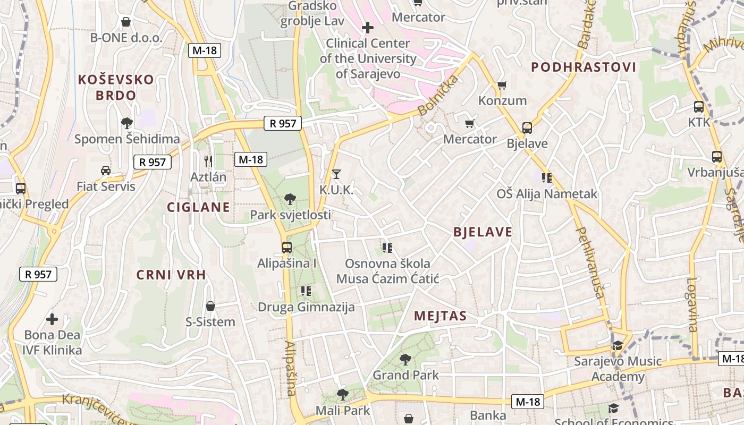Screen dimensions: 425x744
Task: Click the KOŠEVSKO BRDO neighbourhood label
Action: [116, 88]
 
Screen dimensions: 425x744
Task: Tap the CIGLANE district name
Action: [199, 207]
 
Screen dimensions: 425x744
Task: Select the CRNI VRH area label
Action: [171, 275]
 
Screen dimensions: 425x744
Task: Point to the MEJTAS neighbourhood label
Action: [440, 316]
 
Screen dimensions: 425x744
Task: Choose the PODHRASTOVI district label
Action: [584, 67]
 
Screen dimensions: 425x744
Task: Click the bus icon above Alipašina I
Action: [287, 248]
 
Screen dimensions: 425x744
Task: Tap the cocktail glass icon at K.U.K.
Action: [336, 174]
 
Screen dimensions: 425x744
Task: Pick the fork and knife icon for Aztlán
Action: [208, 161]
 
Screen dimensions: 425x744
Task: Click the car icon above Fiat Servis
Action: [106, 171]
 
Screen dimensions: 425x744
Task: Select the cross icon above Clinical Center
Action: [367, 27]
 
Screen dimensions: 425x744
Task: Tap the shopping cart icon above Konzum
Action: [502, 85]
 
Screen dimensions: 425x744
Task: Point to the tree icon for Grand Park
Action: [405, 360]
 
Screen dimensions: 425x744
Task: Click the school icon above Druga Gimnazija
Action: [306, 291]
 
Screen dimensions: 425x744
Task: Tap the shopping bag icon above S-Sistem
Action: [210, 306]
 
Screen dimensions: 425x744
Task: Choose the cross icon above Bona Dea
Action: [52, 319]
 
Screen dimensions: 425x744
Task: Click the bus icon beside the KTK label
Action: [699, 106]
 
